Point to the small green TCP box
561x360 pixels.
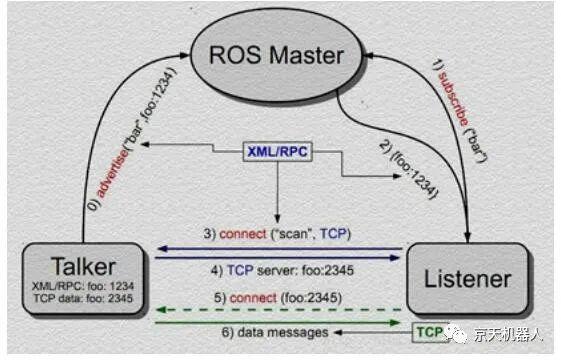tap(428, 330)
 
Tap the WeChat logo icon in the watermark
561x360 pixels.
tap(456, 332)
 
